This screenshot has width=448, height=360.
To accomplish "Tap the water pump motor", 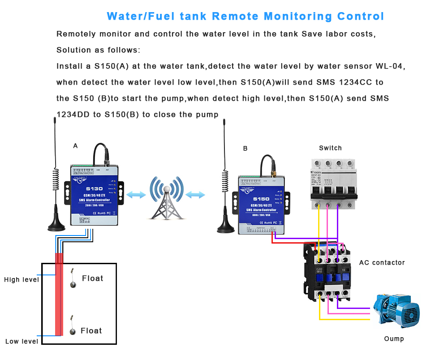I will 397,310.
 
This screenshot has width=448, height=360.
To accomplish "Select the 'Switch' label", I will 330,148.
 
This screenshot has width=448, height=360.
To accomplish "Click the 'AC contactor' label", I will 382,263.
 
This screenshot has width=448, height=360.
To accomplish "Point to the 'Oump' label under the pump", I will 394,339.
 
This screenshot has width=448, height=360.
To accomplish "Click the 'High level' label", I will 22,280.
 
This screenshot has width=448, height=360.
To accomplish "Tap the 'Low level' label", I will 22,342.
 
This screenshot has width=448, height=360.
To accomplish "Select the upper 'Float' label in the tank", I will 92,279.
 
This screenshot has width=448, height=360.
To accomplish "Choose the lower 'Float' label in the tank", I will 91,331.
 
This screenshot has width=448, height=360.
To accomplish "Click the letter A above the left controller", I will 75,146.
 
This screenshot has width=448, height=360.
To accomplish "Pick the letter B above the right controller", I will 245,149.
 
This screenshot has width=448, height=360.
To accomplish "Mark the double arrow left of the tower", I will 136,195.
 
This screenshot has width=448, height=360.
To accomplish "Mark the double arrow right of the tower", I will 195,195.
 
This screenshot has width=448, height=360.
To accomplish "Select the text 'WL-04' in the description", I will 390,66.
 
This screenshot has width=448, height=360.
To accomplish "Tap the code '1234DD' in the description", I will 73,115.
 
